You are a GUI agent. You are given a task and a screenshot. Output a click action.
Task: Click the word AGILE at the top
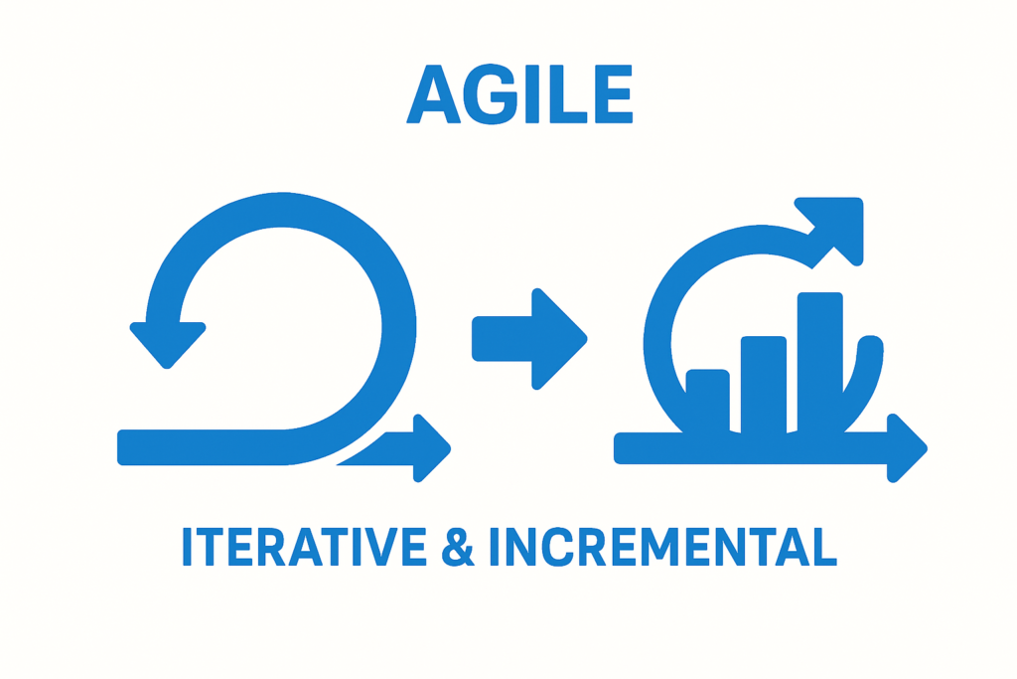[519, 94]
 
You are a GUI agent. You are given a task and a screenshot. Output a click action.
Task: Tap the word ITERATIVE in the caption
[304, 547]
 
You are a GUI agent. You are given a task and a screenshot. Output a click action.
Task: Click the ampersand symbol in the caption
[458, 547]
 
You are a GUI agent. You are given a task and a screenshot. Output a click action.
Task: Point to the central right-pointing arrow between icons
[529, 339]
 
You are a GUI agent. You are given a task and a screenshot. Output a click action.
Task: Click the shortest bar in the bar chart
[707, 401]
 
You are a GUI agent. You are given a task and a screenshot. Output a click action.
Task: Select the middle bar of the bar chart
[764, 385]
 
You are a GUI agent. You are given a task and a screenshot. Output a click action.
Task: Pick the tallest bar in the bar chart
[819, 362]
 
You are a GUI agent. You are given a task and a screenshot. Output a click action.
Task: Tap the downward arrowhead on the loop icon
[167, 344]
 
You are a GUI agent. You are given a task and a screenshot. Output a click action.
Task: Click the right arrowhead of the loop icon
[429, 448]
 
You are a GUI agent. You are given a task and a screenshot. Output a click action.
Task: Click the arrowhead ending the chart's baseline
[906, 448]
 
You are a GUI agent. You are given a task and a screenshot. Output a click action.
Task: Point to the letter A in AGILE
[433, 94]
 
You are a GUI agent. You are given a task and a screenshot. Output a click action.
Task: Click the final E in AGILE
[614, 94]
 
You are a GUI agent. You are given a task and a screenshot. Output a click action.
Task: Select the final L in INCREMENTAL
[824, 547]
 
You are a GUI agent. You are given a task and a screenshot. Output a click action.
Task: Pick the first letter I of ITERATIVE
[187, 547]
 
